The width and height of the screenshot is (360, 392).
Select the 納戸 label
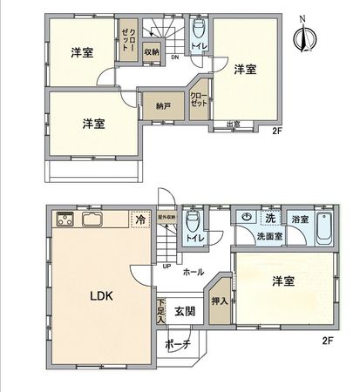(x=164, y=106)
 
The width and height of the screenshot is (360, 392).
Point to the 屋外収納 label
(x=166, y=217)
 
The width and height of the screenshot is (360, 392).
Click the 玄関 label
(x=184, y=312)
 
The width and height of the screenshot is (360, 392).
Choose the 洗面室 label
(x=268, y=237)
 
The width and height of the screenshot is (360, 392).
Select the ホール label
(x=194, y=272)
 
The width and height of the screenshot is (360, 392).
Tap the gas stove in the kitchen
(x=65, y=220)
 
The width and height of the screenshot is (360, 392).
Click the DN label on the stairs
(x=174, y=58)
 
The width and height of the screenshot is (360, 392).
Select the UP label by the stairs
(x=166, y=267)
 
